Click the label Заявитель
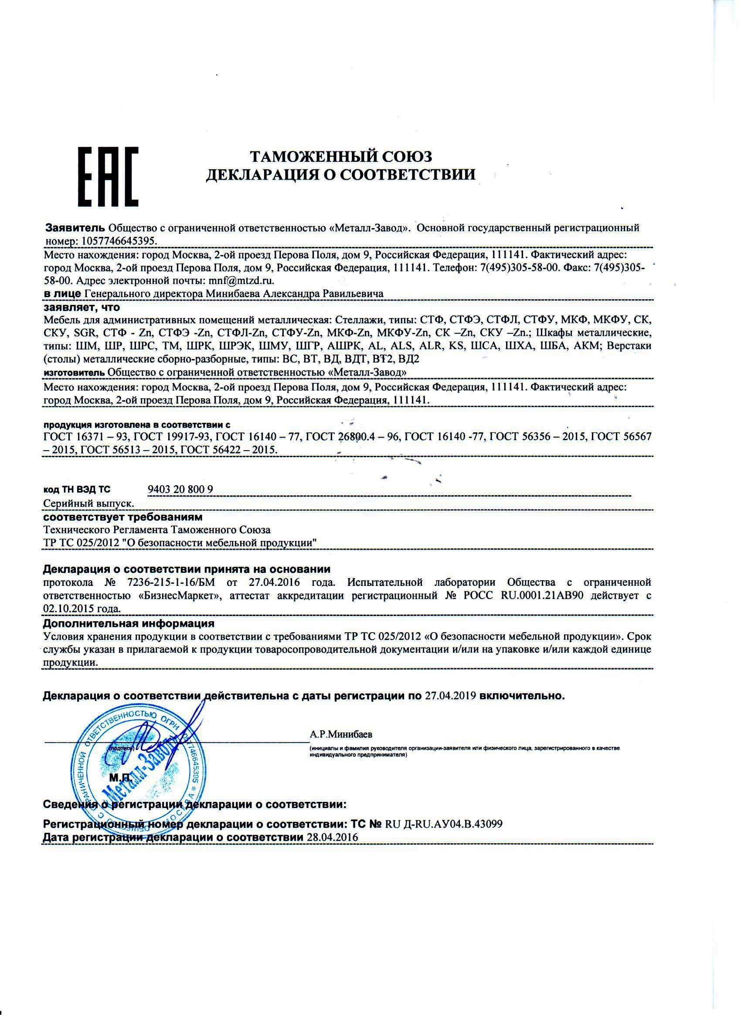click(76, 228)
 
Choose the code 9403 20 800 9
click(180, 490)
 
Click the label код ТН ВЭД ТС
click(77, 490)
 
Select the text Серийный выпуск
click(88, 504)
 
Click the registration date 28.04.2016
click(332, 837)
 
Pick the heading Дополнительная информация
click(129, 624)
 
